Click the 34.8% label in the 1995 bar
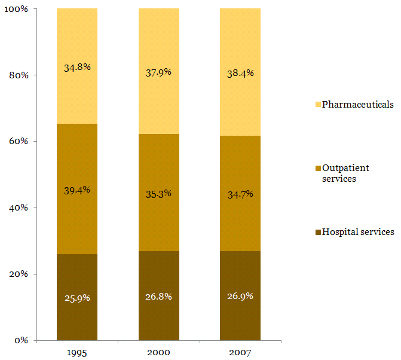point(77,67)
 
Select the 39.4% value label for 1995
point(77,190)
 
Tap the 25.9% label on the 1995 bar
point(77,297)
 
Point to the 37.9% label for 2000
point(158,72)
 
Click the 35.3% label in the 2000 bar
point(158,193)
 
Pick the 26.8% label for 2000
point(158,297)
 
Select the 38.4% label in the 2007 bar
point(240,73)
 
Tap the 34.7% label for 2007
point(240,194)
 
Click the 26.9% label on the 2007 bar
point(240,297)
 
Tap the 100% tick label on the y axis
point(19,10)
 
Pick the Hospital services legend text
point(358,232)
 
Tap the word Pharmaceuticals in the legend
point(357,105)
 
